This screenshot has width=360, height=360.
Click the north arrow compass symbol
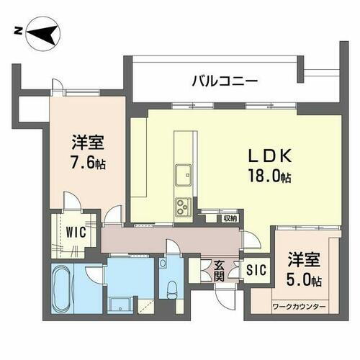[x=42, y=32]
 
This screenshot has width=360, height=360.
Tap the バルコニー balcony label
[x=224, y=81]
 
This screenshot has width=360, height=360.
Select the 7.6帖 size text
[x=87, y=163]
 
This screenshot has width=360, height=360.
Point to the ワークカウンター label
[x=299, y=307]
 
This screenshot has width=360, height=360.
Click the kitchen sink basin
[x=183, y=174]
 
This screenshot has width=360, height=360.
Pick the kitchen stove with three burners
[x=182, y=207]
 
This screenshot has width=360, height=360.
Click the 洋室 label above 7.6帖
[x=86, y=141]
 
